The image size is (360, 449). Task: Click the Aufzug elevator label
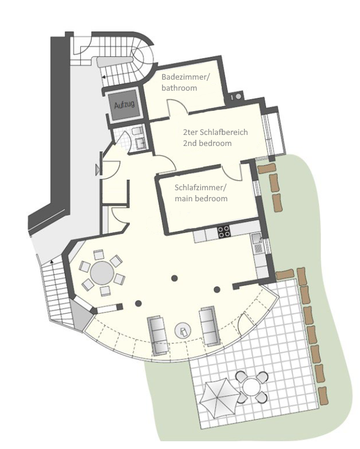[124, 105]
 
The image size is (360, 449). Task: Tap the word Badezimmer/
[186, 77]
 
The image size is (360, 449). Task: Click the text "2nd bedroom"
[207, 143]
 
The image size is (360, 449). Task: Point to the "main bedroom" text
[201, 199]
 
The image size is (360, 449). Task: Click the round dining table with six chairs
[102, 272]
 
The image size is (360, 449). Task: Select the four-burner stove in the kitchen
[223, 232]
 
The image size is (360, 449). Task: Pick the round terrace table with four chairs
[252, 387]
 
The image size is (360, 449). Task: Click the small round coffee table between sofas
[183, 331]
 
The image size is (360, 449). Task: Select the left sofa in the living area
[158, 336]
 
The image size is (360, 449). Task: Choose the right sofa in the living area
[210, 326]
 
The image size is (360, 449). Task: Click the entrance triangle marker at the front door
[97, 170]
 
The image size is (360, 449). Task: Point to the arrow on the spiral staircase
[103, 77]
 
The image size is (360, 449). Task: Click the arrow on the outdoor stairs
[52, 261]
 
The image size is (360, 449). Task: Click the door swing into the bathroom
[178, 107]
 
